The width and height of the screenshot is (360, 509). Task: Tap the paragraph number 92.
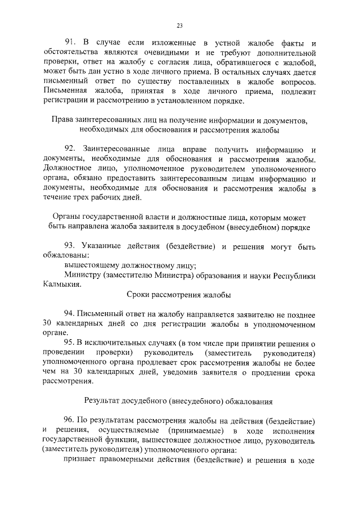(x=70, y=148)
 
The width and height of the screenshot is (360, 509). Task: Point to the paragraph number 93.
(x=70, y=247)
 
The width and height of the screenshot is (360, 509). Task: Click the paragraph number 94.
(x=70, y=314)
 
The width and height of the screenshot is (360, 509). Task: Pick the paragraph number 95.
(x=70, y=343)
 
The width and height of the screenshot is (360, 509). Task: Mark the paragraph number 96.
(x=70, y=422)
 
